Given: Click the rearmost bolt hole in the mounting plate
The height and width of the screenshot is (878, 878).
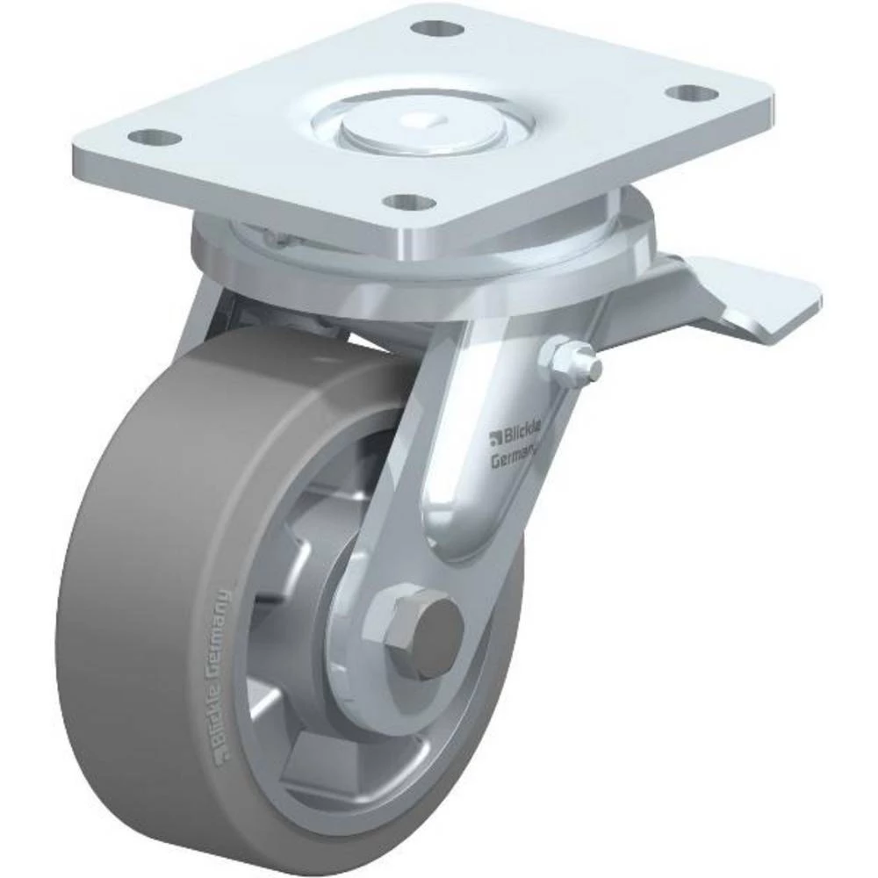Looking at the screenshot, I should (x=436, y=29).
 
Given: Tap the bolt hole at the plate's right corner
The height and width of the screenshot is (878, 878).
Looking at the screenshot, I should (x=692, y=92).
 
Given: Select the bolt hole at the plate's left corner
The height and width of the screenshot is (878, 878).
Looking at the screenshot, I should (x=154, y=138).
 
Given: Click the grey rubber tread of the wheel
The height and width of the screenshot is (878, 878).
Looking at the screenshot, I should (x=132, y=615).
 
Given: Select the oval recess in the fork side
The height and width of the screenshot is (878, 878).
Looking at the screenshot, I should (x=465, y=492).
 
